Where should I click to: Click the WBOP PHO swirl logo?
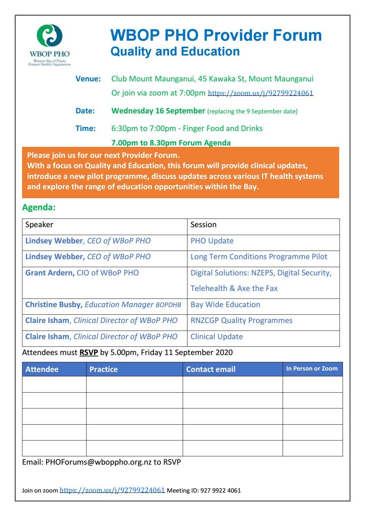tap(50, 36)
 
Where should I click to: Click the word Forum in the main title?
tap(297, 35)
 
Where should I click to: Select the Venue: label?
tap(88, 79)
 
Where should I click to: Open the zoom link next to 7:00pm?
tap(261, 93)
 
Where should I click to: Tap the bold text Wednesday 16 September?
tap(158, 111)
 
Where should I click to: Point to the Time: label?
tap(85, 129)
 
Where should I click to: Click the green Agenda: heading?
tap(39, 208)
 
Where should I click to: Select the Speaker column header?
tap(39, 225)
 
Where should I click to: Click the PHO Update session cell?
tap(212, 241)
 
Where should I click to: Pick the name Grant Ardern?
tap(50, 273)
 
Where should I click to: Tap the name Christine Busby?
tap(53, 305)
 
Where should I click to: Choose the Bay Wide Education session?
tap(225, 305)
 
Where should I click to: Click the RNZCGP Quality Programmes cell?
tap(241, 321)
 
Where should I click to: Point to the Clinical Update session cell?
tap(217, 337)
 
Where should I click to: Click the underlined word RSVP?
tap(89, 353)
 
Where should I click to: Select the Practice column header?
tap(103, 370)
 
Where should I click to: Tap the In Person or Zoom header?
tap(312, 369)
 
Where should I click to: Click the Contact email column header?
tap(211, 370)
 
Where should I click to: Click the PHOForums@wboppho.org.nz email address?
tap(99, 462)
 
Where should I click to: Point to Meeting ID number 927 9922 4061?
tap(221, 490)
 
